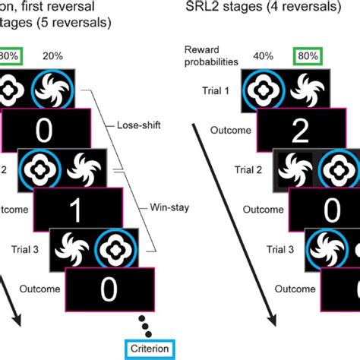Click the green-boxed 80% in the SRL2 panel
[x=309, y=55]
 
